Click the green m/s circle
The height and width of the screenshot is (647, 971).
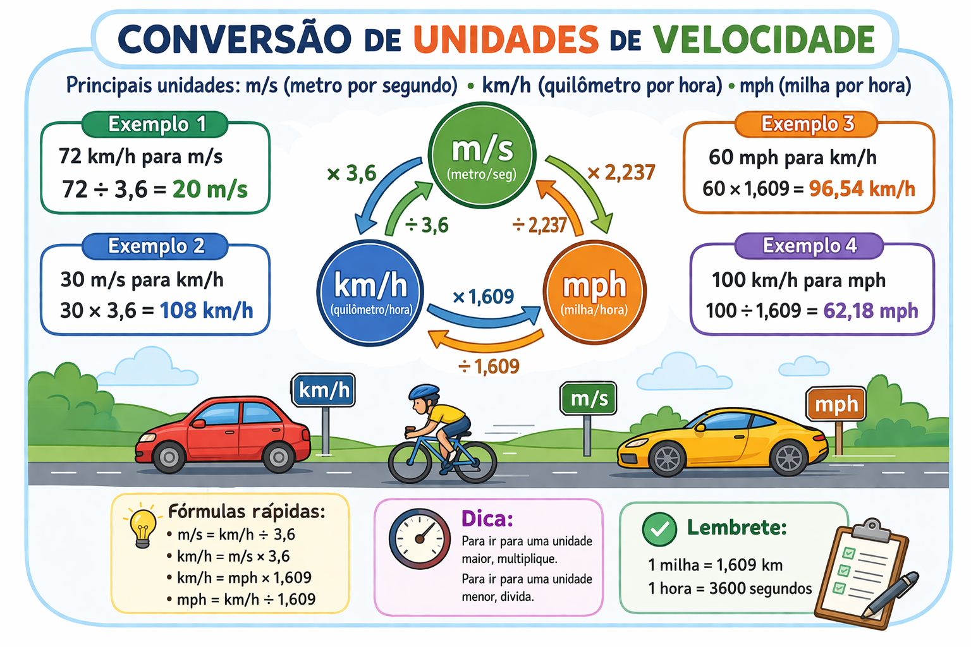point(482,155)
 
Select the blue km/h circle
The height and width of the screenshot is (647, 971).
point(370,293)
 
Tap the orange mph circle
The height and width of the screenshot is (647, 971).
point(594,291)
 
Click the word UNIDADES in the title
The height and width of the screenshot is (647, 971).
point(506,39)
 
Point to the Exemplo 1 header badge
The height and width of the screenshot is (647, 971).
point(156,124)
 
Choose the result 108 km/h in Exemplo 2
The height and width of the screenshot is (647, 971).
point(206,310)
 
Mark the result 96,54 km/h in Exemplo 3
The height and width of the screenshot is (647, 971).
point(862,188)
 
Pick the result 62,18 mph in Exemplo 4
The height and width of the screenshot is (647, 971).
point(870,310)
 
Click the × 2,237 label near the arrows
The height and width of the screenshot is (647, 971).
point(621,172)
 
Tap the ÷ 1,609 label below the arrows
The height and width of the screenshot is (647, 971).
point(489,366)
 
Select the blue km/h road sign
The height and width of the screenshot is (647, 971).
point(324,390)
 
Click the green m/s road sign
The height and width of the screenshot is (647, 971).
point(589,399)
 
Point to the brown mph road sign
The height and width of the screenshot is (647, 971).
point(836,404)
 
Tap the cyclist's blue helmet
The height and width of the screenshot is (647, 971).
point(424,392)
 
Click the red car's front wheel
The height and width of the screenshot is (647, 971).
point(169,457)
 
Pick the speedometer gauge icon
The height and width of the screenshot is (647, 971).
point(420,539)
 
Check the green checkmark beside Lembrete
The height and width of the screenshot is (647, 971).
point(659,529)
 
